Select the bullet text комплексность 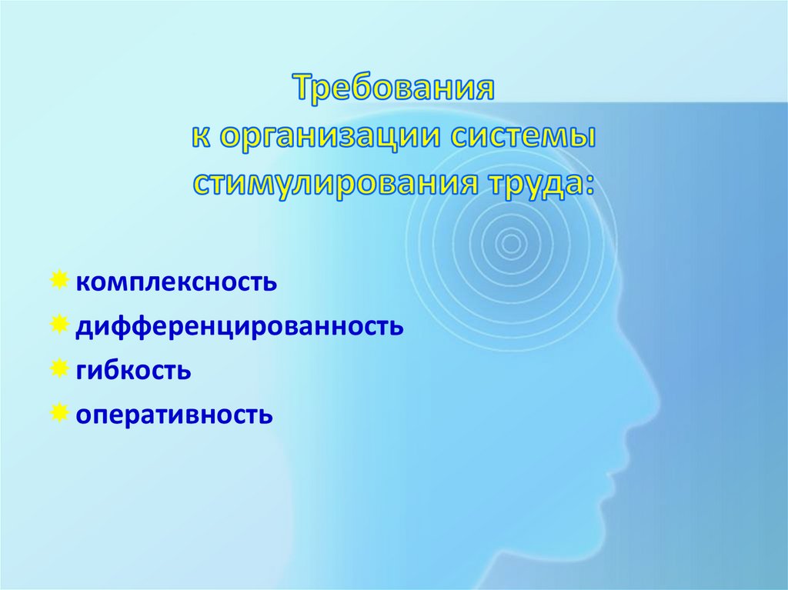[175, 282]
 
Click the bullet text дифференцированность [239, 326]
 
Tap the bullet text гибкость [133, 371]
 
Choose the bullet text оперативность [174, 415]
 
